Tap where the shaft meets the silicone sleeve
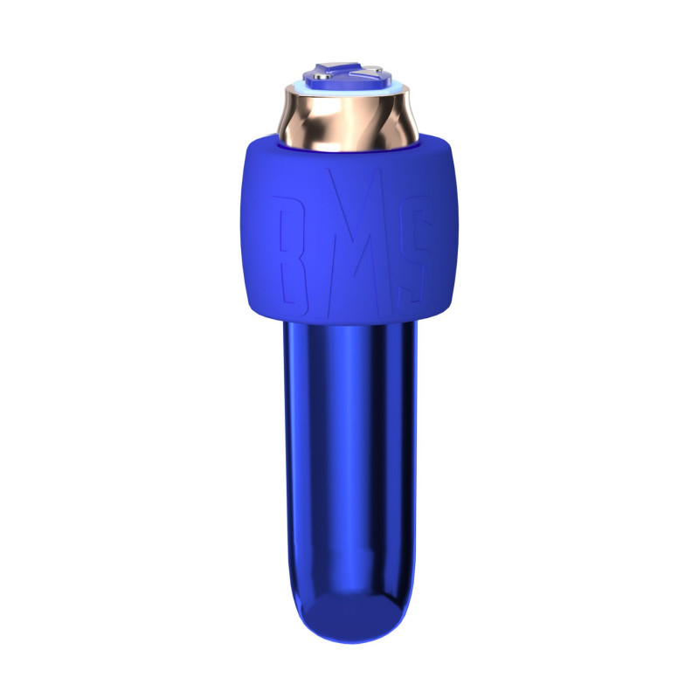349,321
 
